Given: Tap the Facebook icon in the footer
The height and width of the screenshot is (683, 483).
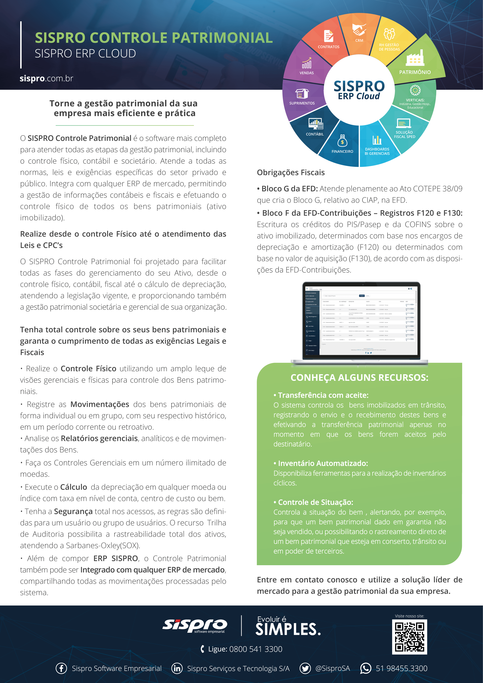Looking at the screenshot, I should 61,668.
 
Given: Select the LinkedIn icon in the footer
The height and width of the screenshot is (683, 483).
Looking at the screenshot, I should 177,668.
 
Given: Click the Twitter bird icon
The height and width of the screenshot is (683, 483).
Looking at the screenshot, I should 305,668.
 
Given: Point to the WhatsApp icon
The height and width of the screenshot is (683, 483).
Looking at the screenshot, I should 366,668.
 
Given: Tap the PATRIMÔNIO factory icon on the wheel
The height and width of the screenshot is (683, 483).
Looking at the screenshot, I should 415,59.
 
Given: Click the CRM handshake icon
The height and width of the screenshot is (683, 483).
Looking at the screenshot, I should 359,30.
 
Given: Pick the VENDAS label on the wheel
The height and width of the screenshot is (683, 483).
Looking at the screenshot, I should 307,73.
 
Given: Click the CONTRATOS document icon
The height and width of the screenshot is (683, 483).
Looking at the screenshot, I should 328,36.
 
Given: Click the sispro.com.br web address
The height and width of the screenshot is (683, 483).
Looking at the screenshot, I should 46,78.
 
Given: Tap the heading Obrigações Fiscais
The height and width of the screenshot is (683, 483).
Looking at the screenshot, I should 291,173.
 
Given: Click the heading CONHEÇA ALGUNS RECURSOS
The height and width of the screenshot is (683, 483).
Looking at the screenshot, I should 359,378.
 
